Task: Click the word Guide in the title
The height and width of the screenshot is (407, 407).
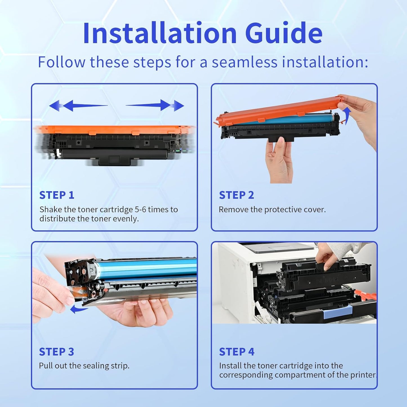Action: (x=284, y=33)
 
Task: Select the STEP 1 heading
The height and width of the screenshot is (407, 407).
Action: (x=57, y=195)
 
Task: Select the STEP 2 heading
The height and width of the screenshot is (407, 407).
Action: (x=236, y=195)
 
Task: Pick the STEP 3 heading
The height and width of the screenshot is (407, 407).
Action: (x=56, y=352)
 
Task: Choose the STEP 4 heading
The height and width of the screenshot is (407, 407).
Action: (x=237, y=352)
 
